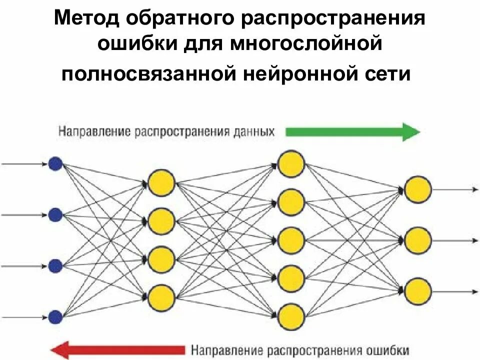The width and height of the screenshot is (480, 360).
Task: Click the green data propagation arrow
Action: [x=352, y=132]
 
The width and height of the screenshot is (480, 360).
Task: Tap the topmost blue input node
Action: [x=55, y=164]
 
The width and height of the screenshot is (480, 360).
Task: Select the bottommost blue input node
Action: [x=55, y=316]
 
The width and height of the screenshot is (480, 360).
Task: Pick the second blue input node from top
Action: [x=55, y=215]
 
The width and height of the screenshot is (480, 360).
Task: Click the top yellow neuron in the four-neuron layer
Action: [x=161, y=182]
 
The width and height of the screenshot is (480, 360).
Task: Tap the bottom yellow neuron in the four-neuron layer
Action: [x=161, y=297]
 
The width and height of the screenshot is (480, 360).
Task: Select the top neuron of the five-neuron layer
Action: [x=291, y=163]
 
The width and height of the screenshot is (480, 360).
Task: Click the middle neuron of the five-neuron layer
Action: [x=291, y=240]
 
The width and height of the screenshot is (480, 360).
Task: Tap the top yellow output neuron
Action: [x=418, y=189]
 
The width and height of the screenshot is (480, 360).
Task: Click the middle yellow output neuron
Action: [x=418, y=240]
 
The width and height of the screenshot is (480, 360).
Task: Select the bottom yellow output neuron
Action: [x=418, y=291]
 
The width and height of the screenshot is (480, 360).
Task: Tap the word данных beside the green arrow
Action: [x=253, y=132]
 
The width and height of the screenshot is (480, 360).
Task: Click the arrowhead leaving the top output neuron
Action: [x=475, y=189]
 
